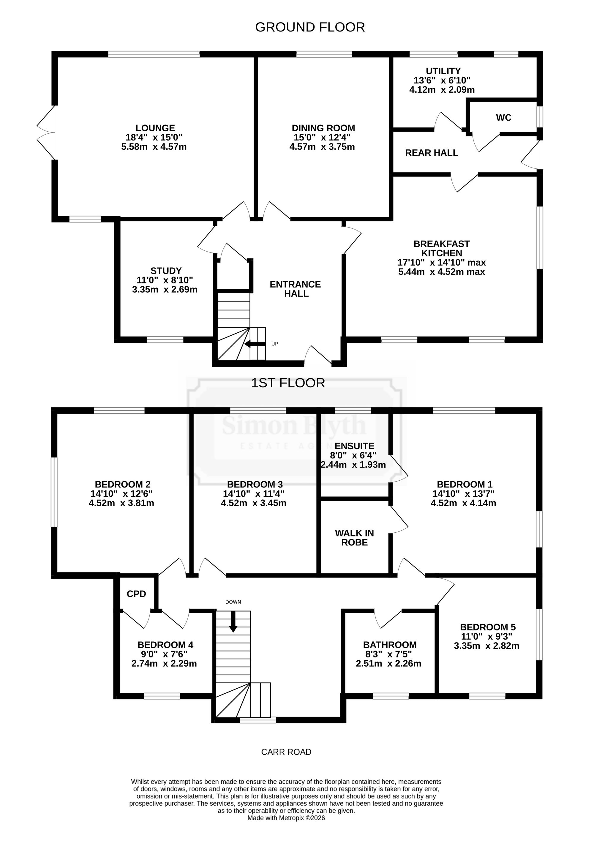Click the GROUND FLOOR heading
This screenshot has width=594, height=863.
tap(310, 27)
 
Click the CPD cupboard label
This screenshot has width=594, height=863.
tap(136, 594)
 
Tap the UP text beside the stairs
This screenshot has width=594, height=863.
tap(275, 344)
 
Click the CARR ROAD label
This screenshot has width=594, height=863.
tap(286, 752)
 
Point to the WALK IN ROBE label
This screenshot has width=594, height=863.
tap(354, 538)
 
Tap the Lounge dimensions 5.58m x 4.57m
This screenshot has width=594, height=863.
tap(154, 147)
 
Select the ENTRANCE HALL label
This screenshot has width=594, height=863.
tap(295, 289)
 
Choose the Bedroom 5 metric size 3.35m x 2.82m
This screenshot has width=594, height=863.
tap(486, 646)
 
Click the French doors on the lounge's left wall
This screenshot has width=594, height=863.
tap(46, 132)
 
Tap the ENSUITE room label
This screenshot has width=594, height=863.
tap(354, 446)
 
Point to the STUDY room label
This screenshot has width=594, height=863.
tap(166, 271)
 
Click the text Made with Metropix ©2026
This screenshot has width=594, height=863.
tap(286, 818)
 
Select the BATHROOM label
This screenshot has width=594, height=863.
tap(390, 645)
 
